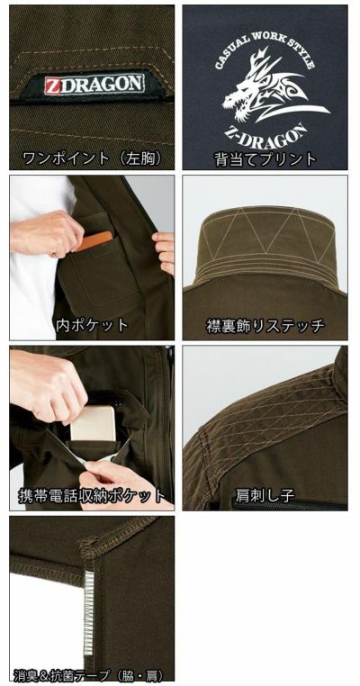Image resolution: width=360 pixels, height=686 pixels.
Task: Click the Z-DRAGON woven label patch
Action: tap(93, 86)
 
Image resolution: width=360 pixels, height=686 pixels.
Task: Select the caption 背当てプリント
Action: tap(265, 159)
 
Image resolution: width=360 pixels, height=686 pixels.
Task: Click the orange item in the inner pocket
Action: tap(94, 239)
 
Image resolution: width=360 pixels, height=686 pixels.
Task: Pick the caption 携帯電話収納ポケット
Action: tap(92, 496)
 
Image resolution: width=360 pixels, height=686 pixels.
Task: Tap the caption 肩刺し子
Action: tap(265, 496)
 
